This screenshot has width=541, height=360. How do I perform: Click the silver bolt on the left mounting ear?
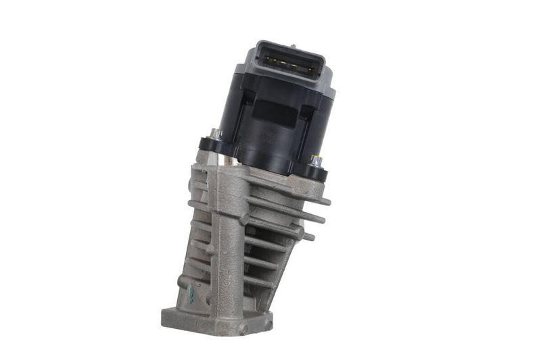coord(215,133)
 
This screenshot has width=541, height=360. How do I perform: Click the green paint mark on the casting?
coord(191,292)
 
